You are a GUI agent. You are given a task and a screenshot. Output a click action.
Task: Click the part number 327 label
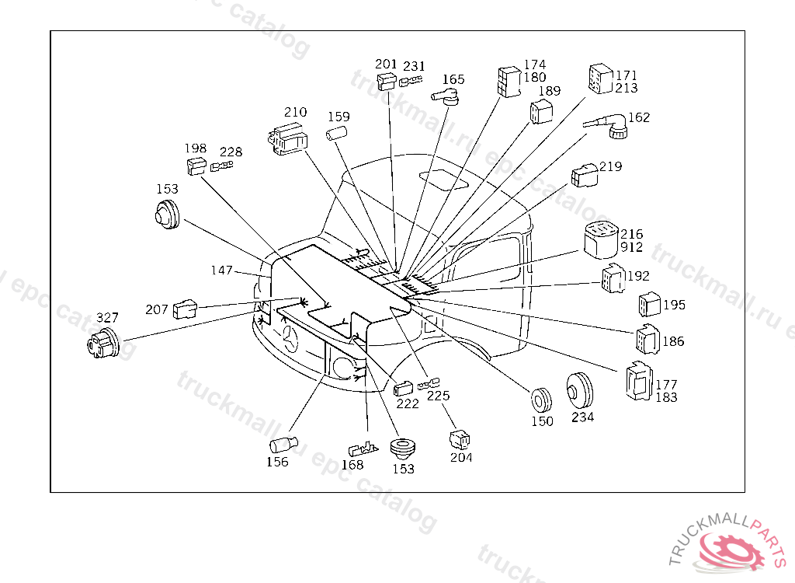(x=107, y=317)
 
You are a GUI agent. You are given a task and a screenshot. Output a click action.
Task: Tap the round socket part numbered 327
(x=103, y=342)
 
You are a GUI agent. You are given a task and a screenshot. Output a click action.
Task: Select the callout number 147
(x=221, y=271)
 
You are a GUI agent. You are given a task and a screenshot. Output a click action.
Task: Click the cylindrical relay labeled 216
(x=601, y=240)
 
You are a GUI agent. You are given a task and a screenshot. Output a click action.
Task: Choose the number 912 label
(x=632, y=247)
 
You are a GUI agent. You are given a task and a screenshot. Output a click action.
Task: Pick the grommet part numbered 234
(x=579, y=390)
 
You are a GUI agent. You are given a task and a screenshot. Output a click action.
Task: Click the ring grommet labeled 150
(x=540, y=400)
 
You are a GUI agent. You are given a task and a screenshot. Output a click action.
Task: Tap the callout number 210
(x=295, y=112)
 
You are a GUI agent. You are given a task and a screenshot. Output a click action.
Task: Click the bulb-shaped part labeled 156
(x=283, y=445)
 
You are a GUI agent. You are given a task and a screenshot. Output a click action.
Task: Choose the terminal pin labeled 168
(x=363, y=449)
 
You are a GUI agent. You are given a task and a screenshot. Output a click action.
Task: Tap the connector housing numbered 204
(x=460, y=440)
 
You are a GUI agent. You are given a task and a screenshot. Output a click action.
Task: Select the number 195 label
(x=675, y=305)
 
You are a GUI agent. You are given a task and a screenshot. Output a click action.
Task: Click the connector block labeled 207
(x=185, y=309)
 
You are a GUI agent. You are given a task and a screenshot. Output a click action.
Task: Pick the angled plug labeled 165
(x=446, y=96)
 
